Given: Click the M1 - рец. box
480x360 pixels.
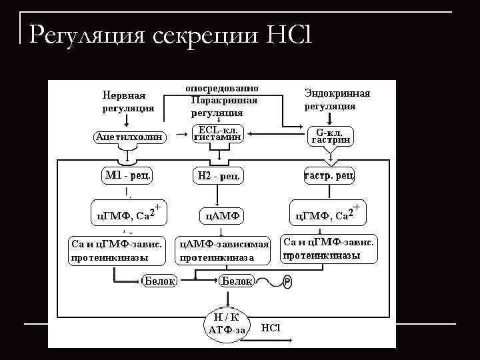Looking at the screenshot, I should point(128,175).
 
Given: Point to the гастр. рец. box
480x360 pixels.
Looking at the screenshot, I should point(329,175).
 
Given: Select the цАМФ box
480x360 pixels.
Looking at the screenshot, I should point(221,215).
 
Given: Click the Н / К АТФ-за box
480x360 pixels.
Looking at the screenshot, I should point(227,323).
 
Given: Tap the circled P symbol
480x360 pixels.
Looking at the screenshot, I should point(287,283).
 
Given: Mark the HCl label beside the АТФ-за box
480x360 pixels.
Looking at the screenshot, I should point(271,327).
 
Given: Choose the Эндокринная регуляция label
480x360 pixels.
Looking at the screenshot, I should point(337,100).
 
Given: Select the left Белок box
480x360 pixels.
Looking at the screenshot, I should point(160,281).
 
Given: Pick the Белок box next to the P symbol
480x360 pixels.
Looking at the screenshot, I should point(237,281).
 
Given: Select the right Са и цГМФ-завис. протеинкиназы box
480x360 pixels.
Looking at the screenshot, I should point(328,249).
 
